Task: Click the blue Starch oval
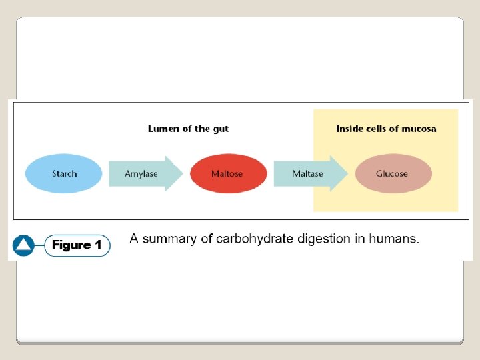point(64,174)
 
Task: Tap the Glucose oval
point(393,174)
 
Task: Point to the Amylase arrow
point(144,174)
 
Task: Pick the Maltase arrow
point(309,174)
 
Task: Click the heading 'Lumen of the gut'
point(188,129)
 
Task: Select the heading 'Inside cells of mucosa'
point(386,129)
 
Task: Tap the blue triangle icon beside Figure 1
point(23,245)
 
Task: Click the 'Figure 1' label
point(77,245)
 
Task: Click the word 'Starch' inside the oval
point(64,174)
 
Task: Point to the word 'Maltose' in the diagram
point(227,174)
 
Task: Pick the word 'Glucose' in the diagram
point(392,174)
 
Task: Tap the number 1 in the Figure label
point(98,245)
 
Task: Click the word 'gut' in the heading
point(220,129)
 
